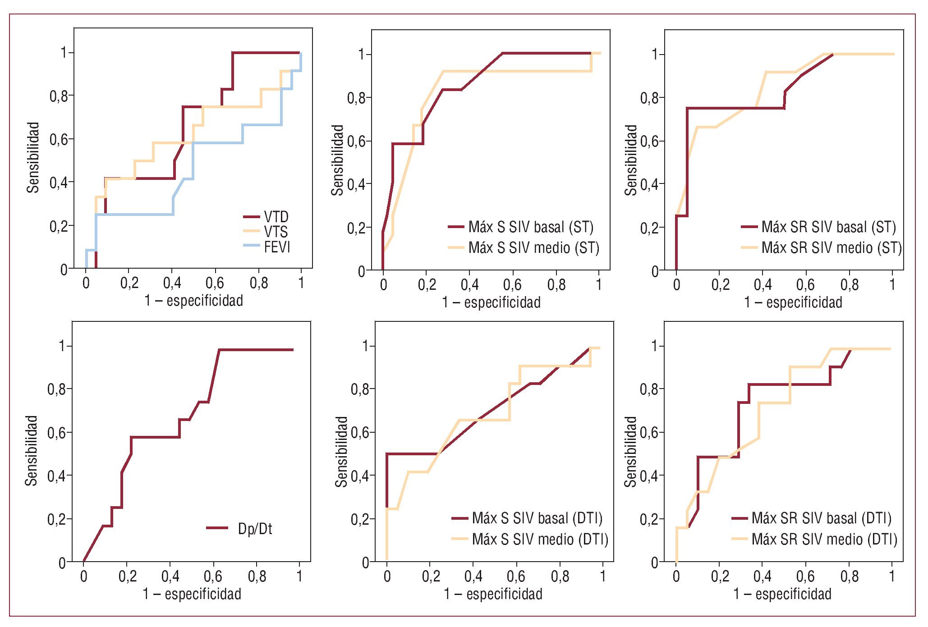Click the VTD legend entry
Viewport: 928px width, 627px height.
click(276, 217)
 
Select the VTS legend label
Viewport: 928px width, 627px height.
click(276, 232)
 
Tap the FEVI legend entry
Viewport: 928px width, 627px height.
click(277, 247)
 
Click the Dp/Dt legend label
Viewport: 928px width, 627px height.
click(255, 528)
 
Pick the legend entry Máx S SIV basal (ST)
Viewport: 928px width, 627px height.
click(531, 227)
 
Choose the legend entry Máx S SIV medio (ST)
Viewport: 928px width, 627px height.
click(533, 247)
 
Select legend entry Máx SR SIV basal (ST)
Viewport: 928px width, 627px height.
click(828, 227)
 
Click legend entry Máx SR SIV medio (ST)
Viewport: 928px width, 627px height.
click(831, 247)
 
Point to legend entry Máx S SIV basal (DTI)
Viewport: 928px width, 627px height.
click(537, 518)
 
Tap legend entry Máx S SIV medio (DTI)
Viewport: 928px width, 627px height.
click(540, 539)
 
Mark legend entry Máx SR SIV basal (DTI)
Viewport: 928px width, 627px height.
click(821, 518)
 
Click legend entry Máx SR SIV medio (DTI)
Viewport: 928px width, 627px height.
click(824, 539)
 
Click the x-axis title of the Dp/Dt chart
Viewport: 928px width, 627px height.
click(192, 594)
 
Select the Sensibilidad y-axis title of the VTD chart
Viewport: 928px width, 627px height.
click(33, 157)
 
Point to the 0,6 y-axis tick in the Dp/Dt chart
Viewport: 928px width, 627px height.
click(58, 433)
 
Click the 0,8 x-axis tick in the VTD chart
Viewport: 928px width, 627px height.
click(259, 283)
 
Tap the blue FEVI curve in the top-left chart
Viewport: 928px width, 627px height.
click(135, 214)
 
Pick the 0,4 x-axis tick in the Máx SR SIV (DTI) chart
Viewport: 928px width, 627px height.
click(762, 576)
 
